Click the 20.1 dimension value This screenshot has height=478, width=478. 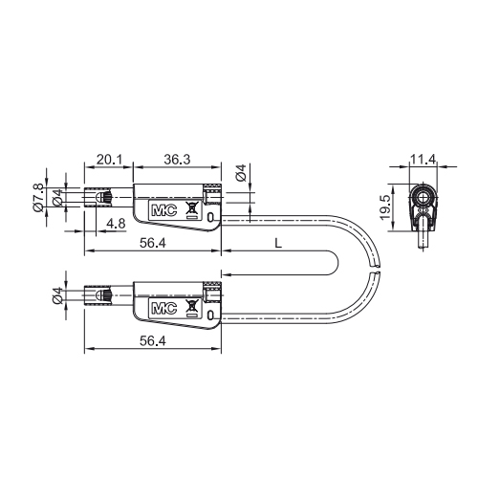tap(109, 160)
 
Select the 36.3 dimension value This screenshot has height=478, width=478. tap(177, 160)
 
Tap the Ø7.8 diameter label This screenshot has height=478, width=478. tap(38, 198)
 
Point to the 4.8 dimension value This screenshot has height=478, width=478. tap(116, 224)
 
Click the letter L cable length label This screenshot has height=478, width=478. tap(278, 244)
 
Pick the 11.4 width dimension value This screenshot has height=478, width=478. tap(423, 160)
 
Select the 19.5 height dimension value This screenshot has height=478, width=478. tap(385, 207)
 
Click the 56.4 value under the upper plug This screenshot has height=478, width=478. tap(153, 244)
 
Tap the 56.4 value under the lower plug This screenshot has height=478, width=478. tap(153, 341)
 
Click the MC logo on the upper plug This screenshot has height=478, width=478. tap(164, 210)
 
